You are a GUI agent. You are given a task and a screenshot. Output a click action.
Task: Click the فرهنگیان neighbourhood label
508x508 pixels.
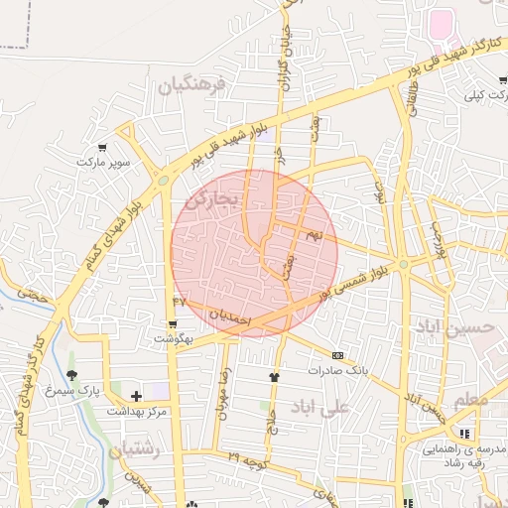(192, 85)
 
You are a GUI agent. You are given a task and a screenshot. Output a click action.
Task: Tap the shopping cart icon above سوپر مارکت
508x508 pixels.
(102, 147)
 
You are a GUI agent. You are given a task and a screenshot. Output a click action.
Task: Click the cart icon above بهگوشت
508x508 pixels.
(173, 324)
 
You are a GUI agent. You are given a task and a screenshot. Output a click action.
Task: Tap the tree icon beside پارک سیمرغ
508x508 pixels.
(71, 375)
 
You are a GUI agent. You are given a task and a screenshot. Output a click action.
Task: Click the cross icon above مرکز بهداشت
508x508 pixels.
(136, 396)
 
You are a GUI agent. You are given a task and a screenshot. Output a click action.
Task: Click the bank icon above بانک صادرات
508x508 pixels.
(337, 355)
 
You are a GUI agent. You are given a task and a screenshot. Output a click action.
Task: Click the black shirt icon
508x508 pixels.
(275, 377)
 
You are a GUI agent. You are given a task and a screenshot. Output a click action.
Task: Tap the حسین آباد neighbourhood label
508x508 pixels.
(453, 326)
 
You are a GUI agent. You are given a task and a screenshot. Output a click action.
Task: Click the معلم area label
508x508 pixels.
(472, 399)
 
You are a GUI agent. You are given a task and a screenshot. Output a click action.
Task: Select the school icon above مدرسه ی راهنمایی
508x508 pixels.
(464, 434)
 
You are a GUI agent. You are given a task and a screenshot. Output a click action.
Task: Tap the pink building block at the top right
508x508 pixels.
(441, 23)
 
